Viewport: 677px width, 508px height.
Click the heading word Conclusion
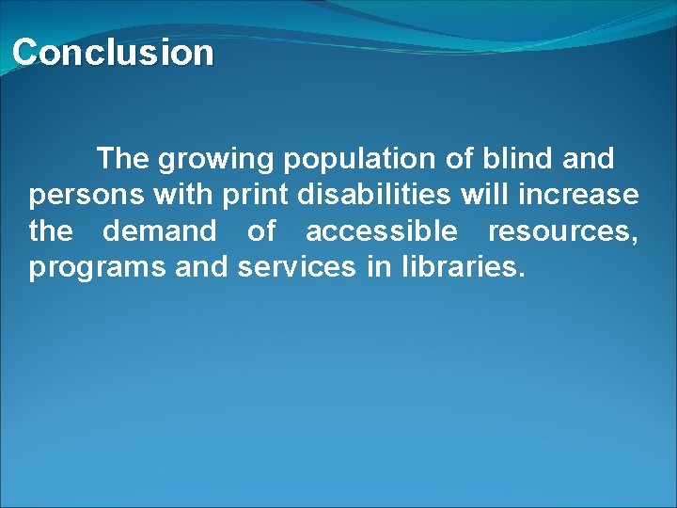pyautogui.click(x=113, y=53)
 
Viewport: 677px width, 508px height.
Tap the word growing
pyautogui.click(x=216, y=160)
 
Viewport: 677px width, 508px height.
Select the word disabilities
pyautogui.click(x=375, y=195)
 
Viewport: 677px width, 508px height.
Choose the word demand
pyautogui.click(x=159, y=230)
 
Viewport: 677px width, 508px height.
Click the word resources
pyautogui.click(x=562, y=231)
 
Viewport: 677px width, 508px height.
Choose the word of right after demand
pyautogui.click(x=261, y=230)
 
